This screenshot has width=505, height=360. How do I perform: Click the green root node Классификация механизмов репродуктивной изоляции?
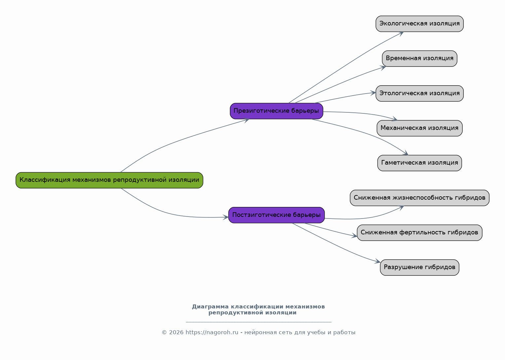click(x=109, y=180)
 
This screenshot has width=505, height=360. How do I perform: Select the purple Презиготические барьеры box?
click(x=277, y=111)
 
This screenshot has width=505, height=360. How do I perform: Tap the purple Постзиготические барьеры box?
click(x=277, y=215)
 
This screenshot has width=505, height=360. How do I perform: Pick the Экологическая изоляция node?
click(x=419, y=24)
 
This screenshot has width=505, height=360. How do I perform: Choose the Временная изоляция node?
click(x=419, y=59)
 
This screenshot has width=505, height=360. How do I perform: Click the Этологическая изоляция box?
click(x=419, y=94)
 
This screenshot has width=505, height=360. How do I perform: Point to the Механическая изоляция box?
click(x=419, y=128)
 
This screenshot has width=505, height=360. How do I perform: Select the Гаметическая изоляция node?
click(x=419, y=163)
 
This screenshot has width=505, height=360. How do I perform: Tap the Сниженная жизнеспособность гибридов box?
click(x=419, y=198)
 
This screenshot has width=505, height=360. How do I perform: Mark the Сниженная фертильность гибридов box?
click(x=419, y=233)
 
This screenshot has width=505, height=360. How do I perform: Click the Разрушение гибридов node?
click(x=419, y=267)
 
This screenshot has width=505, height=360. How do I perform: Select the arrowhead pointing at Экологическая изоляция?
click(x=401, y=33)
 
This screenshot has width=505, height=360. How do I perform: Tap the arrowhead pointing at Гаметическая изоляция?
click(x=406, y=153)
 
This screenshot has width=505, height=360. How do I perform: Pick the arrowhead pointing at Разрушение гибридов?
click(x=378, y=261)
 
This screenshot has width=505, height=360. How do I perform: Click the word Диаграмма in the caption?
click(x=210, y=307)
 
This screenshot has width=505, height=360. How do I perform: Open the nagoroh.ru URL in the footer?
click(x=212, y=333)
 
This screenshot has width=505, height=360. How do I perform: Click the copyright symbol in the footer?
click(x=164, y=333)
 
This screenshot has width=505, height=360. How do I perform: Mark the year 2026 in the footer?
click(x=176, y=333)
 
